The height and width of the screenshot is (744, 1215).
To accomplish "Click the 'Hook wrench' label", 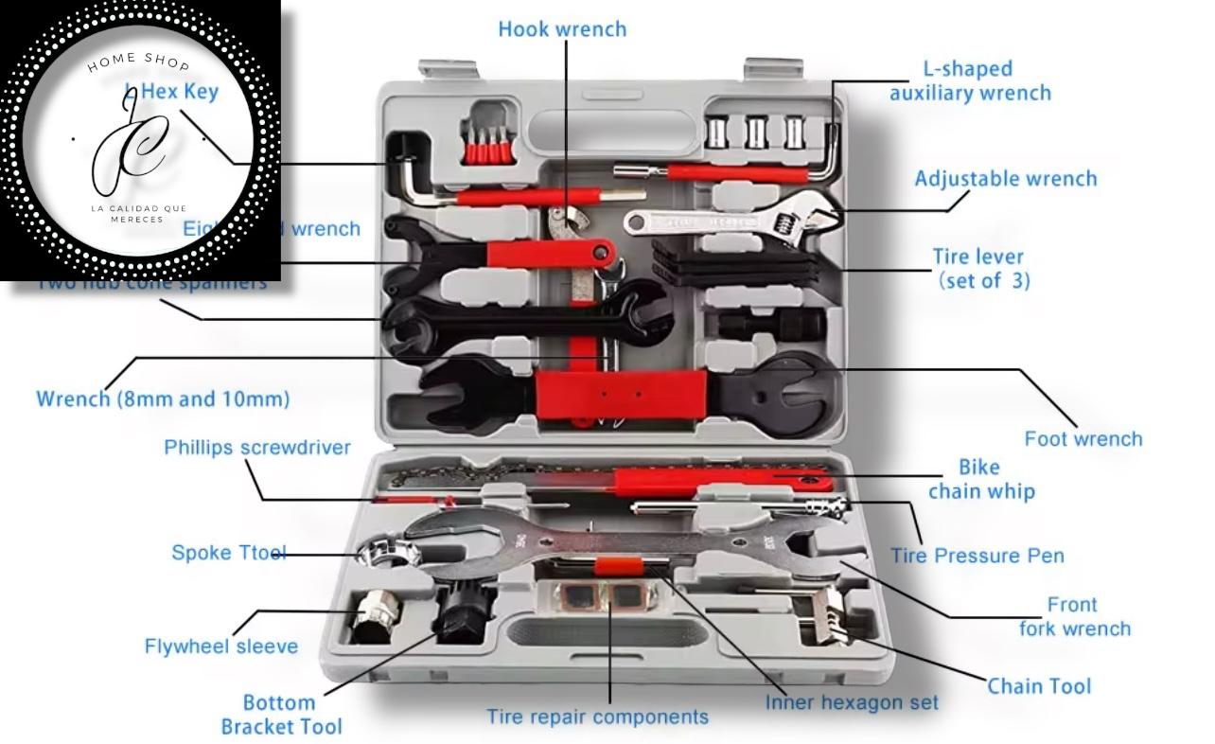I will click(x=562, y=29).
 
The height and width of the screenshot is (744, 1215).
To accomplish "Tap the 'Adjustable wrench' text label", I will click(x=1005, y=179).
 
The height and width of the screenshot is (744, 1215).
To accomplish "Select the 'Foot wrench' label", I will click(x=1083, y=438).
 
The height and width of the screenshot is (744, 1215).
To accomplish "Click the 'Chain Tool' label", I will click(x=1039, y=686).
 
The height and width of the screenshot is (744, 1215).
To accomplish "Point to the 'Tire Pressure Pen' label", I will click(x=977, y=556).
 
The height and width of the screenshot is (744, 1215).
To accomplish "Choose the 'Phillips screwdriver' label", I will click(x=257, y=448).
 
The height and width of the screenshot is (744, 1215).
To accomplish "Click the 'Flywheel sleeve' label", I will click(x=220, y=647).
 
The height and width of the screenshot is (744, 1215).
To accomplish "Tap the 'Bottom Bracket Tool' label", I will click(x=281, y=715).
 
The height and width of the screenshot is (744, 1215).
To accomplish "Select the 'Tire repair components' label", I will click(x=597, y=717).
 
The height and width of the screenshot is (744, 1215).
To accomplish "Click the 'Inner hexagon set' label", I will click(x=852, y=702).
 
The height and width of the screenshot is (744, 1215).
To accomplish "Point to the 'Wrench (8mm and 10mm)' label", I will click(x=163, y=399).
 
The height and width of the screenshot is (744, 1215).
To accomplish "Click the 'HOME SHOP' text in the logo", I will click(x=138, y=62).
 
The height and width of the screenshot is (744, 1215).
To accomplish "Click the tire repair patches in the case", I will click(x=595, y=596).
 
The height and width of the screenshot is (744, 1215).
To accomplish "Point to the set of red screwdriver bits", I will click(x=484, y=142).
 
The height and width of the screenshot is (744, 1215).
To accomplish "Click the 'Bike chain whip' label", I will click(x=980, y=479).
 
